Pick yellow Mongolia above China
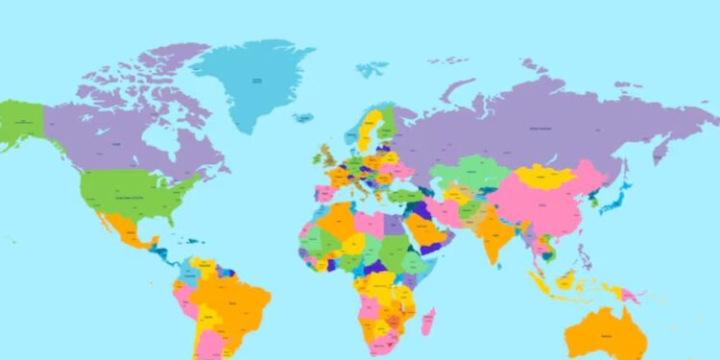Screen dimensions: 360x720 [547, 178]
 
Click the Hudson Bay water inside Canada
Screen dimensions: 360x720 [168, 144]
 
